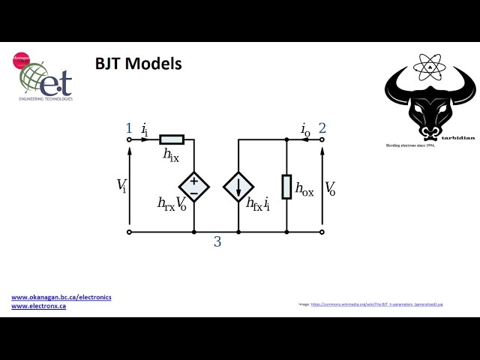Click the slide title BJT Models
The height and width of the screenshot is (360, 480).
[138, 64]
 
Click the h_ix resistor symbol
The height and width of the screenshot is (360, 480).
[172, 139]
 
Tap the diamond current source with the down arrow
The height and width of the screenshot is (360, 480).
[238, 187]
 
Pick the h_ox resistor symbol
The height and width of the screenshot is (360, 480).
[286, 187]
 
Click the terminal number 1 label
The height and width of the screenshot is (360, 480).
[129, 127]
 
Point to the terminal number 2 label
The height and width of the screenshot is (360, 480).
[322, 127]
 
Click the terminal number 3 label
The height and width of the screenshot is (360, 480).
[217, 241]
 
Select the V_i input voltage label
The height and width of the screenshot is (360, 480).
[121, 186]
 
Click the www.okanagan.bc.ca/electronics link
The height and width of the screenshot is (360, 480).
[61, 297]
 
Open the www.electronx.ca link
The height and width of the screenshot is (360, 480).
[38, 306]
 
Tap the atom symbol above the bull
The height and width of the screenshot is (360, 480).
[430, 67]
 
